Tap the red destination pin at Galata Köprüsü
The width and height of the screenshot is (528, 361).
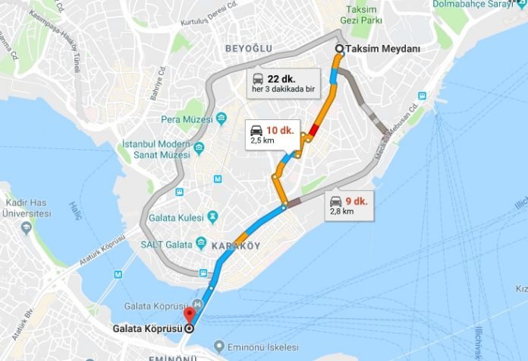(x=189, y=315)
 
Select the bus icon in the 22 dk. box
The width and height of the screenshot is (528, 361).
(x=258, y=78)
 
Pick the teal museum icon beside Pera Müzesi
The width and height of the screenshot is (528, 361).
(x=221, y=119)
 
